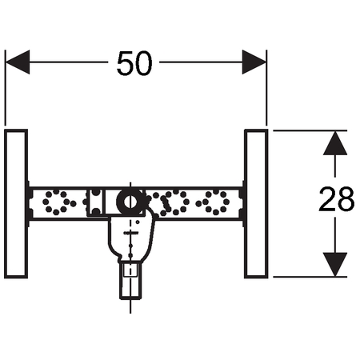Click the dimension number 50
134,63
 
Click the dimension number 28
337,199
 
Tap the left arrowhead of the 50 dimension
18,62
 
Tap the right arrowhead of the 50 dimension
254,62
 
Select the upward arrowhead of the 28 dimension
335,143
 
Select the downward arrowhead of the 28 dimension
335,264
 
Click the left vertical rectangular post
16,204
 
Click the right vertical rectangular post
256,204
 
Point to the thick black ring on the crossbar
130,202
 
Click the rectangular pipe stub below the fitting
130,280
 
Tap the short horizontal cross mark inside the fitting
130,233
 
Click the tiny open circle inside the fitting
138,222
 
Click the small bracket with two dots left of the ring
96,202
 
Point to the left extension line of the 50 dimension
5,87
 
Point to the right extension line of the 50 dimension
266,87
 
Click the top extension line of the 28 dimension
310,130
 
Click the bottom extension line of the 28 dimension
310,277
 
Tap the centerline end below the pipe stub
130,313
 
